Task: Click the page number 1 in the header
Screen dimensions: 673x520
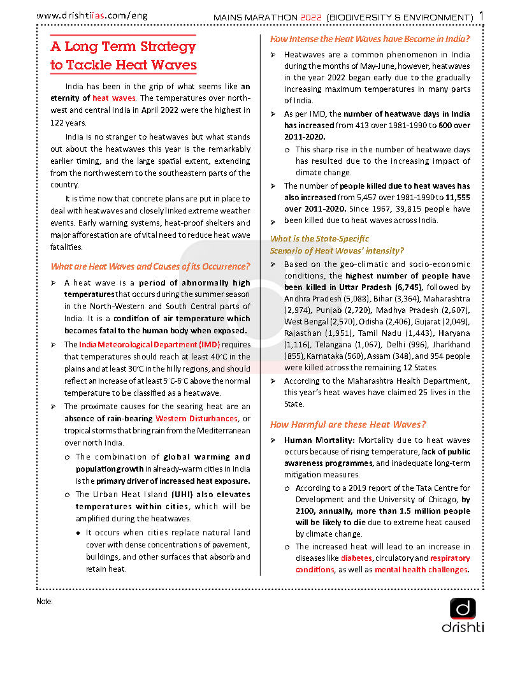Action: (x=481, y=15)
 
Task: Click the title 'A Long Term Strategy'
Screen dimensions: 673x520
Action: (x=123, y=47)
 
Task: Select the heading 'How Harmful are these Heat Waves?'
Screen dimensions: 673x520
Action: (x=348, y=424)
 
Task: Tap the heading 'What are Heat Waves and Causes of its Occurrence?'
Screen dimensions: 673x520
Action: (x=150, y=266)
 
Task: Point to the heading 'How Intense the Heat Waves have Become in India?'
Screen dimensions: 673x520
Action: (x=370, y=39)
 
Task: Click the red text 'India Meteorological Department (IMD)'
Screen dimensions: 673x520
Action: (x=150, y=345)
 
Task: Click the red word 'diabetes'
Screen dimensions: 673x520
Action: (x=357, y=558)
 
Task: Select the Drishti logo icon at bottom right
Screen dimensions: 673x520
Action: (x=463, y=608)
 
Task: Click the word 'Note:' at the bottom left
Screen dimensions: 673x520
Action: (x=45, y=601)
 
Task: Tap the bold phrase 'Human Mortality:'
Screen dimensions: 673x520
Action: (x=319, y=440)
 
